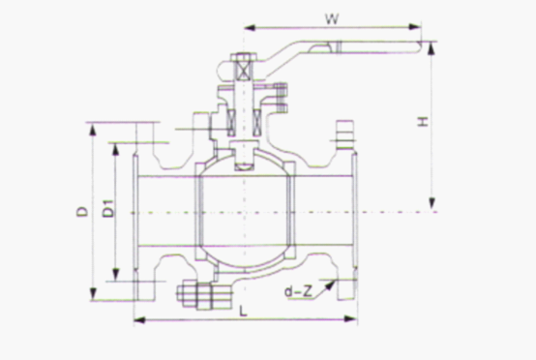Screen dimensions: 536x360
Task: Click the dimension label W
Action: point(332,18)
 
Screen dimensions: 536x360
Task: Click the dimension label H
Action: point(424,121)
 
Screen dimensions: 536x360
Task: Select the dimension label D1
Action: point(108,207)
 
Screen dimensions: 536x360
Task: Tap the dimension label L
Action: point(243,311)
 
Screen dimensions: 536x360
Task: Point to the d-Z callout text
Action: point(298,291)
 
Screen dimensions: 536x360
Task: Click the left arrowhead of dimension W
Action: point(250,27)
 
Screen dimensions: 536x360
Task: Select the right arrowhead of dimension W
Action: point(415,27)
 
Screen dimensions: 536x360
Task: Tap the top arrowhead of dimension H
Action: point(432,48)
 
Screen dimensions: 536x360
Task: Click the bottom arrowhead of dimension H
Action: point(432,203)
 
